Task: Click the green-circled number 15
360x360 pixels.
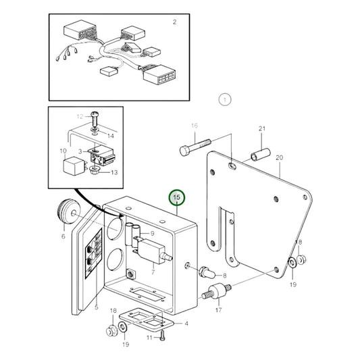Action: click(177, 198)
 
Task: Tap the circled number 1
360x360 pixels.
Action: click(224, 100)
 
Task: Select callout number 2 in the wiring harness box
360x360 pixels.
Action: click(174, 22)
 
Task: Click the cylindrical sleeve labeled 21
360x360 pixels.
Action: click(259, 156)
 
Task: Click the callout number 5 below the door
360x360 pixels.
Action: click(97, 308)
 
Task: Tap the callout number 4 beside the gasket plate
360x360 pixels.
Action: click(186, 324)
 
